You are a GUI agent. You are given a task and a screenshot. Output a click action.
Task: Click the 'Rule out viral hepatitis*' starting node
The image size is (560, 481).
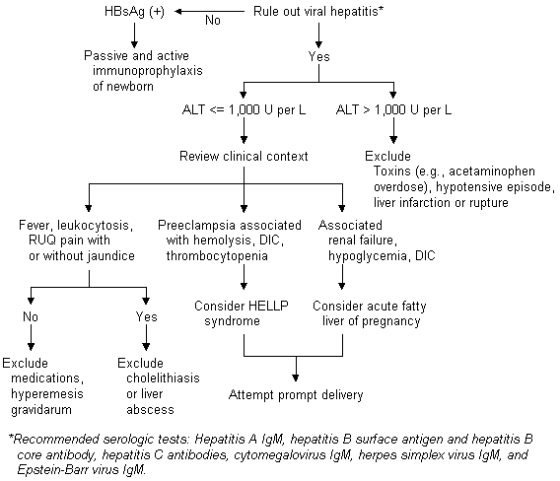pyautogui.click(x=318, y=12)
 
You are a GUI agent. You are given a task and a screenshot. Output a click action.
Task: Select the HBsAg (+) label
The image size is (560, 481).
pyautogui.click(x=134, y=12)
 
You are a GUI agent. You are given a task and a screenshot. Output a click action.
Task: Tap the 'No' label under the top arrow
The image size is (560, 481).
pyautogui.click(x=213, y=21)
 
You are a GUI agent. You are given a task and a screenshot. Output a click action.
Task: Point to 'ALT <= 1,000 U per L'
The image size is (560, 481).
pyautogui.click(x=244, y=109)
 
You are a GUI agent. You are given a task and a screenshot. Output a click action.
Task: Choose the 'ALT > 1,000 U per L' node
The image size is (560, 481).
pyautogui.click(x=393, y=109)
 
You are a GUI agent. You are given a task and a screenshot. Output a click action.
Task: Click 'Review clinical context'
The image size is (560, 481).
pyautogui.click(x=244, y=156)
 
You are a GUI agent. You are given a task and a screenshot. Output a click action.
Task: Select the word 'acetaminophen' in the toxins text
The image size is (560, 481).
pyautogui.click(x=492, y=172)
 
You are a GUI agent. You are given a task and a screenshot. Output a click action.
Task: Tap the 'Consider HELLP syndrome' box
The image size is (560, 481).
pyautogui.click(x=242, y=313)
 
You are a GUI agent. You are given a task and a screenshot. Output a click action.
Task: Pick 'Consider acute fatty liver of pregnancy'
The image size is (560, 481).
pyautogui.click(x=370, y=313)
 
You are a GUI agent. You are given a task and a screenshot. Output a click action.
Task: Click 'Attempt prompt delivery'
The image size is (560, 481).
pyautogui.click(x=296, y=395)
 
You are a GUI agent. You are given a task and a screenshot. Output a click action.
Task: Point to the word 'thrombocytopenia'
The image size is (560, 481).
pyautogui.click(x=217, y=256)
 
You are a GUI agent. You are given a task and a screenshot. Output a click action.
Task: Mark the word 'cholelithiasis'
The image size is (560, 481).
pyautogui.click(x=163, y=378)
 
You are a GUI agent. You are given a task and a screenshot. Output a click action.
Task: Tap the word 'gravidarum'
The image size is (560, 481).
pyautogui.click(x=41, y=410)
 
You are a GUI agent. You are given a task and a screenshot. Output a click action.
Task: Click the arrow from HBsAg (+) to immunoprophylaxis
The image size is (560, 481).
pyautogui.click(x=134, y=35)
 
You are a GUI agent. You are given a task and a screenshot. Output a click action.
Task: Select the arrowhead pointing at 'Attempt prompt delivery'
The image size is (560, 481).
pyautogui.click(x=296, y=378)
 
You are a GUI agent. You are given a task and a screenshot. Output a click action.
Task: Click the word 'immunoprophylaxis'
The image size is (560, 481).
pyautogui.click(x=148, y=71)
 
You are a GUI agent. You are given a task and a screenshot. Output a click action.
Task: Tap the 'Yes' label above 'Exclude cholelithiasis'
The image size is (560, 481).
pyautogui.click(x=146, y=316)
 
